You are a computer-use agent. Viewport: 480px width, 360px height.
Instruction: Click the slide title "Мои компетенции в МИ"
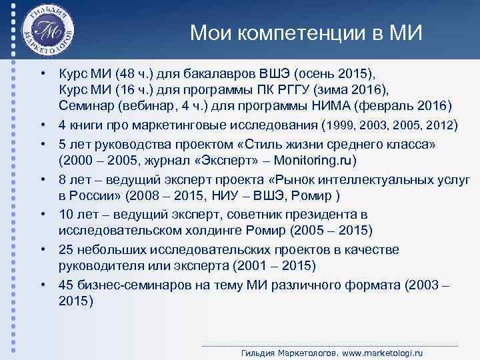[306, 33]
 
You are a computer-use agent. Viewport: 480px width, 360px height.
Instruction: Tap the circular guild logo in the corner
[47, 32]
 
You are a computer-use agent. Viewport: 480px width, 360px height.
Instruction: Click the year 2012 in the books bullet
[440, 125]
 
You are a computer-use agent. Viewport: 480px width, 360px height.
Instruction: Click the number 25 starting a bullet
[67, 249]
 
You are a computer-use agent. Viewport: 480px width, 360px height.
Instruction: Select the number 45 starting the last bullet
[67, 285]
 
